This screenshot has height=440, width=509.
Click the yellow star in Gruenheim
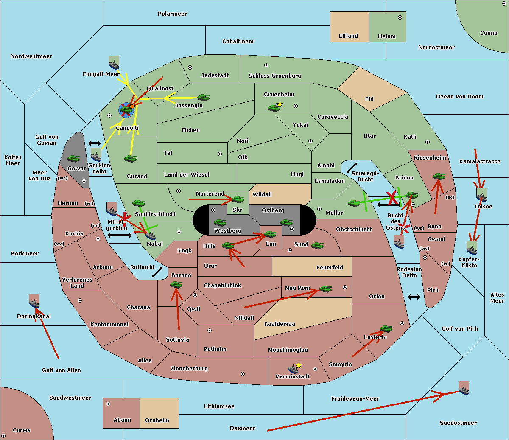[280, 104]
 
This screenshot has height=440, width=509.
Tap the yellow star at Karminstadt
[299, 365]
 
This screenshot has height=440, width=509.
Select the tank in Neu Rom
[325, 289]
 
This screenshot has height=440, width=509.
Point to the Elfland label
[348, 36]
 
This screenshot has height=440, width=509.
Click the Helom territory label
[386, 36]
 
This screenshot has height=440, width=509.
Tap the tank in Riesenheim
[439, 176]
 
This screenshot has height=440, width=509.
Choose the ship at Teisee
[481, 195]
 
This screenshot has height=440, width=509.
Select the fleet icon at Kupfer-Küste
[472, 248]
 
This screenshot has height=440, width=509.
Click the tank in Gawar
[74, 159]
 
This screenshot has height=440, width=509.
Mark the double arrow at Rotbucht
[157, 272]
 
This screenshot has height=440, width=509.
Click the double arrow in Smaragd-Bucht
[352, 168]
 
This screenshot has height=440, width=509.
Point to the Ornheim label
[157, 420]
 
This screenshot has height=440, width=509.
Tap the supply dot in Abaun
[108, 404]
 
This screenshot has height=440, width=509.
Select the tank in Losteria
[386, 328]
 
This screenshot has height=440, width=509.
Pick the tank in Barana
[176, 285]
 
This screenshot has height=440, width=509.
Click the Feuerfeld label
[330, 268]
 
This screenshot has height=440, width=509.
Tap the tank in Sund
[318, 245]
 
